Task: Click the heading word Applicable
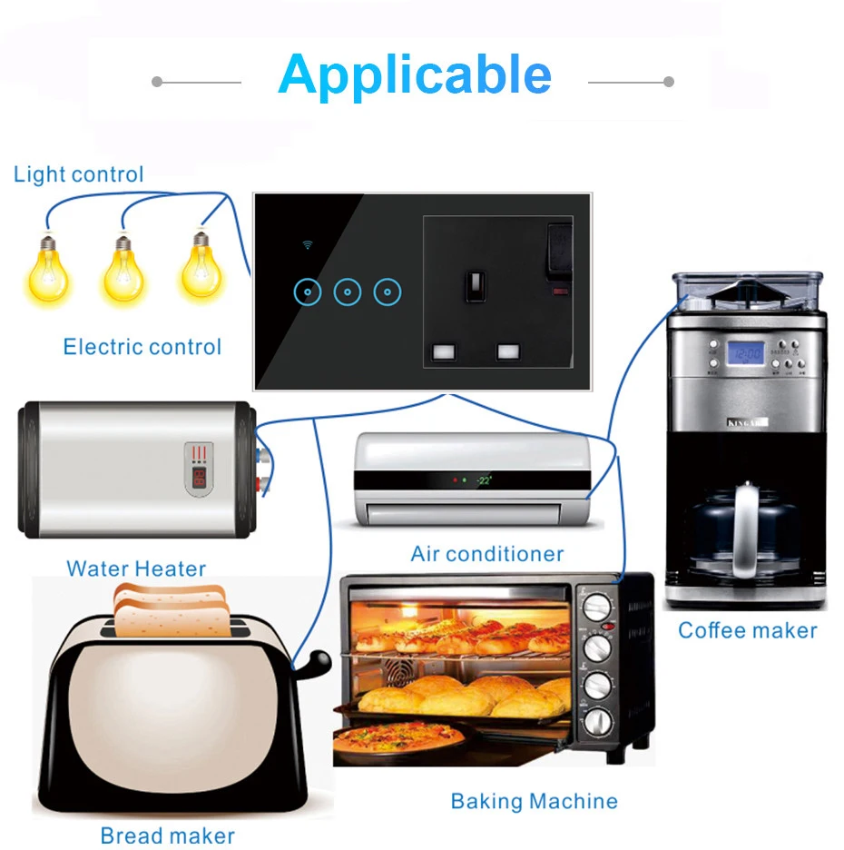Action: click(415, 75)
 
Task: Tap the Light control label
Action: click(79, 174)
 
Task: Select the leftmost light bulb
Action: click(44, 272)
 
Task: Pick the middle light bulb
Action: click(123, 272)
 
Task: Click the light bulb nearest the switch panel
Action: click(201, 268)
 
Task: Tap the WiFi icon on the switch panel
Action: click(308, 245)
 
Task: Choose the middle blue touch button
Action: click(348, 292)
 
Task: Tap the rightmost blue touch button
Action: click(388, 292)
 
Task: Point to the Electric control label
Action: click(142, 346)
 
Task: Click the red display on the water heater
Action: click(198, 476)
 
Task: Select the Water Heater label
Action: click(136, 568)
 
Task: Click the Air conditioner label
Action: click(487, 553)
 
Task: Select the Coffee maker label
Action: click(748, 630)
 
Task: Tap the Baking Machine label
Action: click(535, 801)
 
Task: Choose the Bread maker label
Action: click(168, 835)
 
